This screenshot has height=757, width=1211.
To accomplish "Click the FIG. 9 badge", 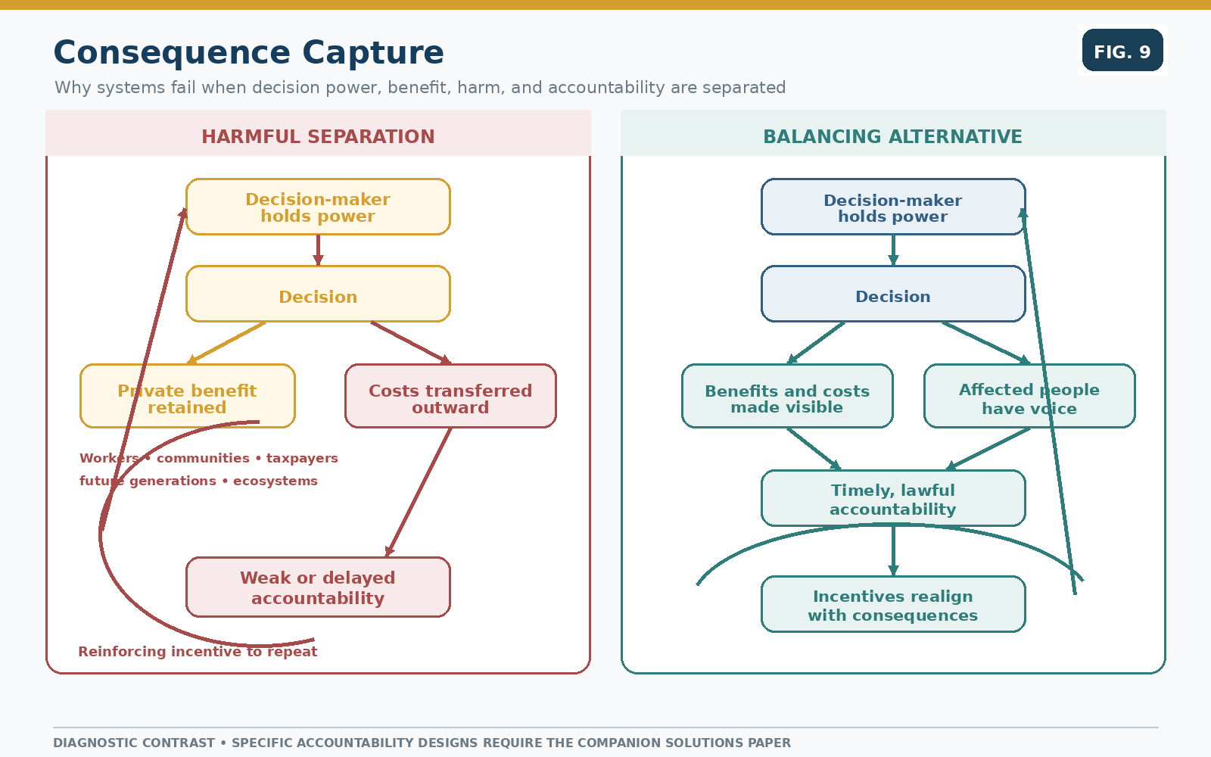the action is click(1122, 50).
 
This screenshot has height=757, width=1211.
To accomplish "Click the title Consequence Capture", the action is click(249, 52).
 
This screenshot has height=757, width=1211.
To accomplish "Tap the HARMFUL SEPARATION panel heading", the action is click(318, 136).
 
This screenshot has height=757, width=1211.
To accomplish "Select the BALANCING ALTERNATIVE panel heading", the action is click(892, 136).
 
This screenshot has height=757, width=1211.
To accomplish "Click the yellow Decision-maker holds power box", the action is click(318, 207).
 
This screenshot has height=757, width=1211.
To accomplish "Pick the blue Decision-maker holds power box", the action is click(893, 207).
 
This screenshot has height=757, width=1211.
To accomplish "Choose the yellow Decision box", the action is click(318, 294).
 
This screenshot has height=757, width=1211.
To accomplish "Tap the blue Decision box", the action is click(893, 294).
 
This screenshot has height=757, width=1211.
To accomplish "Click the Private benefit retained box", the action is click(187, 396).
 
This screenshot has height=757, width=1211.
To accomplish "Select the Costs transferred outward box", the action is click(450, 396).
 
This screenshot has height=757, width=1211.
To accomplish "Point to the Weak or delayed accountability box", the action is click(318, 587).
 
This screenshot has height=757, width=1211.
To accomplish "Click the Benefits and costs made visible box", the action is click(787, 396).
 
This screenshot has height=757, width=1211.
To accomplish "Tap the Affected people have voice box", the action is click(1029, 396).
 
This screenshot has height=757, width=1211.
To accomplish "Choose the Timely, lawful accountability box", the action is click(893, 498).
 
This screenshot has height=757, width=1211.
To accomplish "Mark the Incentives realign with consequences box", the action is click(893, 604).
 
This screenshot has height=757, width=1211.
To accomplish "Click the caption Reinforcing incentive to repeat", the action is click(198, 652).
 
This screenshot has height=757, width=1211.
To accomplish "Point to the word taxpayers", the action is click(302, 459).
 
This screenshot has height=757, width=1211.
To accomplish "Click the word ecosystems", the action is click(276, 481).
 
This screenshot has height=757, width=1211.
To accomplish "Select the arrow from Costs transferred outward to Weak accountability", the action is click(419, 492).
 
